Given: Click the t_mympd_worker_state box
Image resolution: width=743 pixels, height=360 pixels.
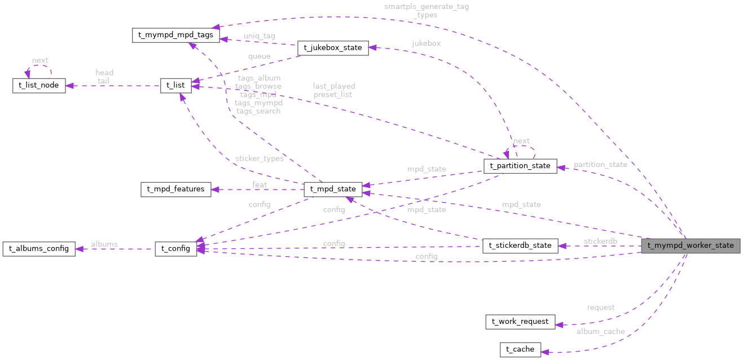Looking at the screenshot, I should pyautogui.click(x=690, y=245).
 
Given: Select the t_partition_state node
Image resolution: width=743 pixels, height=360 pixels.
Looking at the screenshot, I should pyautogui.click(x=520, y=166).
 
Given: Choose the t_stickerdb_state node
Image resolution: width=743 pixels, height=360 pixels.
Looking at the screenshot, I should pyautogui.click(x=520, y=245).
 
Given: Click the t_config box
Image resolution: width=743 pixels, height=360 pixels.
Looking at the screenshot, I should pyautogui.click(x=175, y=248).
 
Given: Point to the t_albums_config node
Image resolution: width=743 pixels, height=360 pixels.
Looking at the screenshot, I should pyautogui.click(x=39, y=248).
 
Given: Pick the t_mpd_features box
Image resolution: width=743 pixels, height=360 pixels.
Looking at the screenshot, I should pyautogui.click(x=175, y=189).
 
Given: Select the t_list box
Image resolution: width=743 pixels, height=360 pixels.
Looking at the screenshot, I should pyautogui.click(x=175, y=85).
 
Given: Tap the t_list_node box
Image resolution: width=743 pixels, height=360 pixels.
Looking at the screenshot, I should pyautogui.click(x=39, y=86).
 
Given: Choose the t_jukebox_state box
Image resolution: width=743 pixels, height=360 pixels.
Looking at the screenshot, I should pyautogui.click(x=333, y=48).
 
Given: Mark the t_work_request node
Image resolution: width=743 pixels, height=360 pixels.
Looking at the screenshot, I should pyautogui.click(x=520, y=322).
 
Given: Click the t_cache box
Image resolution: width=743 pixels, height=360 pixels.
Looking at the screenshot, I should pyautogui.click(x=520, y=349).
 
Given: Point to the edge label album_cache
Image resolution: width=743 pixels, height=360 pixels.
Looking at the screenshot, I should pyautogui.click(x=600, y=332).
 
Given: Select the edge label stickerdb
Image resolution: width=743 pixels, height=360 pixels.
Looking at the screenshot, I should pyautogui.click(x=600, y=242).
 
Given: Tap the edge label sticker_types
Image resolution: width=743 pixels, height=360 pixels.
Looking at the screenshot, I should pyautogui.click(x=259, y=159).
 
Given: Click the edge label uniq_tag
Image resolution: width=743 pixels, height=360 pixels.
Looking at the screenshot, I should pyautogui.click(x=260, y=36).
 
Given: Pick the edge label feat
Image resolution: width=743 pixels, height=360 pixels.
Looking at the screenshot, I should pyautogui.click(x=260, y=185).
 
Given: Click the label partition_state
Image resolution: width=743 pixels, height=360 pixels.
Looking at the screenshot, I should pyautogui.click(x=600, y=165).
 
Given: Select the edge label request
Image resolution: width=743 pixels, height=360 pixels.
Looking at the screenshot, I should pyautogui.click(x=600, y=308).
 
